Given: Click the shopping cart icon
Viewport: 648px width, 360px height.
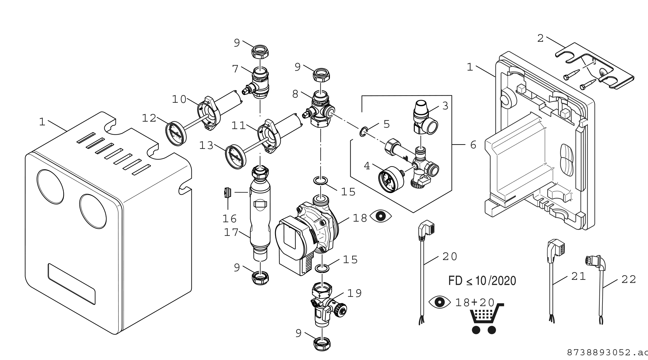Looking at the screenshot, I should tap(484, 319).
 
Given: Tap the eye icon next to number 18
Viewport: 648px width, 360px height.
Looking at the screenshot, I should tap(381, 216).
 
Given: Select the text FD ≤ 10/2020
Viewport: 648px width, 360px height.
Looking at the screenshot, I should tap(482, 281).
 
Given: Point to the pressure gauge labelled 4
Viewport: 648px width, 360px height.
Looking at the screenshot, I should tap(389, 179).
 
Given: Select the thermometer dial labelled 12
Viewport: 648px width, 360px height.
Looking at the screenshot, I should tap(176, 133).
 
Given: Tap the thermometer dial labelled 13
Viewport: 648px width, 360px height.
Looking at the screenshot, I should tap(236, 157).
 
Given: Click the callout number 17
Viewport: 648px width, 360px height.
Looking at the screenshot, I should tap(231, 232).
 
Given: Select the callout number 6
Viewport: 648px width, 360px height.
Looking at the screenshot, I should tap(473, 145).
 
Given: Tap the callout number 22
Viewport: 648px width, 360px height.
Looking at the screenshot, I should tap(629, 280).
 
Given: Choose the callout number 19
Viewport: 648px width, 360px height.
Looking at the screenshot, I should tap(354, 293).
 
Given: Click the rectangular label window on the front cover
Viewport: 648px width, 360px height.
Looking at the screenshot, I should tap(71, 284).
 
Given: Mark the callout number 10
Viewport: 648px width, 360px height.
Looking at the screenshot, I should tap(179, 99).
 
